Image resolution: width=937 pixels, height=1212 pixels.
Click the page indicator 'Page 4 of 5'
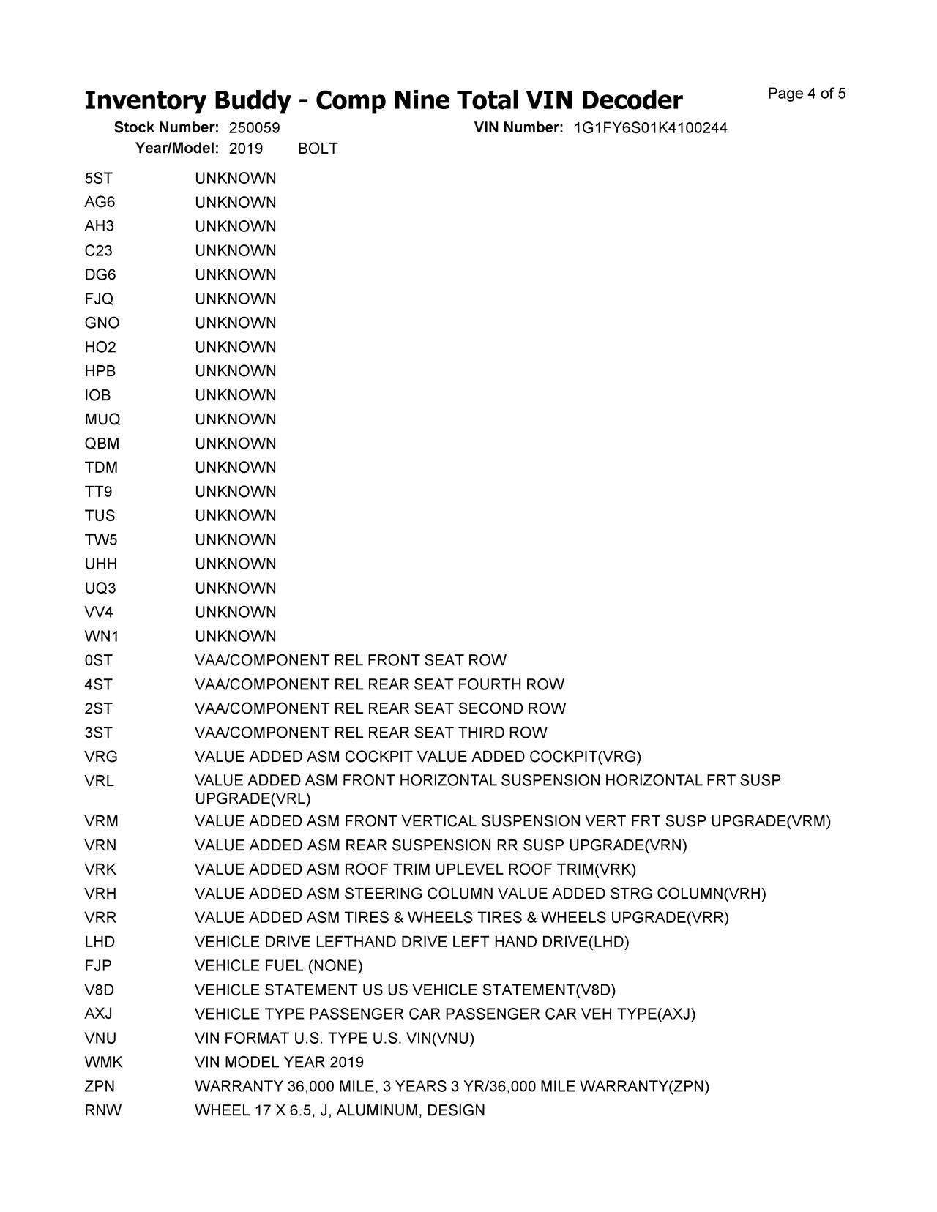click(x=807, y=94)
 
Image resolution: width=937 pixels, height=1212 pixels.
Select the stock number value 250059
click(x=254, y=128)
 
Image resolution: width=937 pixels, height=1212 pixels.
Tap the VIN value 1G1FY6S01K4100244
click(x=650, y=128)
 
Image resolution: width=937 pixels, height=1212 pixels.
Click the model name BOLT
click(x=318, y=149)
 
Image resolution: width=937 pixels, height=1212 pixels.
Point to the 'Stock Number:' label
click(x=166, y=128)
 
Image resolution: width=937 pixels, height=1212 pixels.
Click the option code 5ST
click(x=98, y=179)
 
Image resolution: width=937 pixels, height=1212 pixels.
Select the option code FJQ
click(x=99, y=299)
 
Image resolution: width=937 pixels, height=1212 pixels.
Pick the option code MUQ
click(x=102, y=419)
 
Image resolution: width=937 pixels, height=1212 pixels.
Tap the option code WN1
click(x=101, y=636)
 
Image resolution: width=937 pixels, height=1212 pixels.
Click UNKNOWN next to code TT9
click(x=235, y=492)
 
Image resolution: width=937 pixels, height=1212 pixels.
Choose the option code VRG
click(x=100, y=757)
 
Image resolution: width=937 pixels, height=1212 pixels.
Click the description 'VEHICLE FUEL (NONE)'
click(x=278, y=966)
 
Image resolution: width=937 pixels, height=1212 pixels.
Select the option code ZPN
click(x=100, y=1086)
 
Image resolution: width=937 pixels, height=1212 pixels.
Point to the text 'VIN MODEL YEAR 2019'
click(x=279, y=1062)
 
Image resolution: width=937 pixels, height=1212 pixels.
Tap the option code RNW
click(x=102, y=1110)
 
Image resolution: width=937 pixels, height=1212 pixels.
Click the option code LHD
click(x=100, y=942)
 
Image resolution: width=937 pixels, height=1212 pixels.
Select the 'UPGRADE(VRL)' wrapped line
click(x=253, y=798)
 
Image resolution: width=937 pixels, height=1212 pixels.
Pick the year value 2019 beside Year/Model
click(x=245, y=149)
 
